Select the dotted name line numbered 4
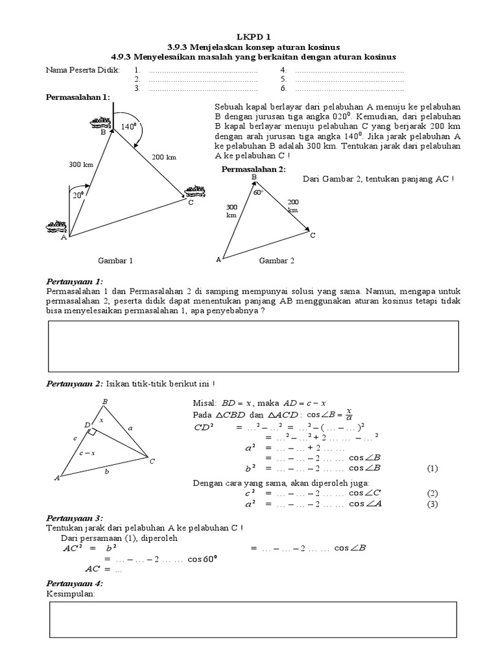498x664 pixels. point(349,70)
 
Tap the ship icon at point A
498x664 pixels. point(56,226)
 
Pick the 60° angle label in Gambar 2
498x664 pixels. point(257,193)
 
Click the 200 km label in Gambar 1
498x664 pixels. point(164,157)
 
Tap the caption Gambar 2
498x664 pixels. point(277,260)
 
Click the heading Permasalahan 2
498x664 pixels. point(253,169)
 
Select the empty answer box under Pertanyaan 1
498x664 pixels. point(254,346)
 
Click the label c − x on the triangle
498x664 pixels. point(85,453)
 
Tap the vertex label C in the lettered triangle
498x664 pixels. point(152,462)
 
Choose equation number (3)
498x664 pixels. point(433,504)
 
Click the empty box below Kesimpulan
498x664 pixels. point(254,619)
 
